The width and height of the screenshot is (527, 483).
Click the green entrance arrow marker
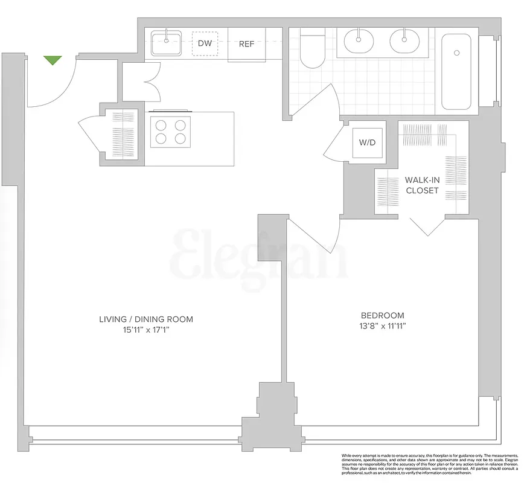click(53, 60)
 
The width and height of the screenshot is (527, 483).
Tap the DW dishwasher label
click(204, 43)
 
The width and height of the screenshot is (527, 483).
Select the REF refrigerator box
click(246, 44)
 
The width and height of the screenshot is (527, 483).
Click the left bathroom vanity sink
click(360, 42)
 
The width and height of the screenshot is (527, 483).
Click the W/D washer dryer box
click(368, 143)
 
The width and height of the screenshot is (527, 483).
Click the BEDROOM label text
click(382, 315)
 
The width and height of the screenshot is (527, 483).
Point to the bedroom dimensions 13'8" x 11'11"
click(383, 327)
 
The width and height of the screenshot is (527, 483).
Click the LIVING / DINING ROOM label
click(147, 319)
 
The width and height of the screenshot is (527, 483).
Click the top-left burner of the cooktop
click(161, 126)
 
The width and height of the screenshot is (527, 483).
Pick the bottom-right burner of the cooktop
click(180, 139)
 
